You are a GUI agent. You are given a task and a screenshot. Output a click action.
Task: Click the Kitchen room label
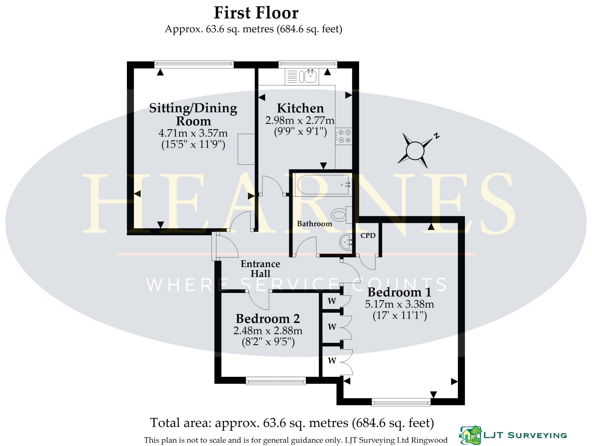pyautogui.click(x=300, y=108)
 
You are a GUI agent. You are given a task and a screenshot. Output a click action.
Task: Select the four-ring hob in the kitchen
pyautogui.click(x=344, y=136)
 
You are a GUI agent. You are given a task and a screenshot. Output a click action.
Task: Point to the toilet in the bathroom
pyautogui.click(x=342, y=215)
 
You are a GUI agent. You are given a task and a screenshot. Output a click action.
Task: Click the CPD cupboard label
pyautogui.click(x=368, y=235)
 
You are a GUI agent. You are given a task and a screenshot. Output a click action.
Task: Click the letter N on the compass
pyautogui.click(x=437, y=136)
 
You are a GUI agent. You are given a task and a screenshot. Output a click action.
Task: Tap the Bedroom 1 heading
pyautogui.click(x=399, y=292)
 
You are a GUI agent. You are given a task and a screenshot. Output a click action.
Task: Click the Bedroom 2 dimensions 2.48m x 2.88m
pyautogui.click(x=268, y=331)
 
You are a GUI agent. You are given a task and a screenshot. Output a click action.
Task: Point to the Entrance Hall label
pyautogui.click(x=260, y=269)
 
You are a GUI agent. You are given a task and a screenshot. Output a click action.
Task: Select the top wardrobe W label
pyautogui.click(x=332, y=301)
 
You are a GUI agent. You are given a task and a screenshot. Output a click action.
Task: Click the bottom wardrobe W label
pyautogui.click(x=332, y=361)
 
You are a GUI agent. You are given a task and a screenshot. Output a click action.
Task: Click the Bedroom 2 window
pyautogui.click(x=276, y=380)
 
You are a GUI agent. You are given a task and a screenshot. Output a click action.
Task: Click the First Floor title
pyautogui.click(x=256, y=13)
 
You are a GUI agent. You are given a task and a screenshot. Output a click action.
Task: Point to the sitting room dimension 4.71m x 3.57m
pyautogui.click(x=193, y=133)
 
